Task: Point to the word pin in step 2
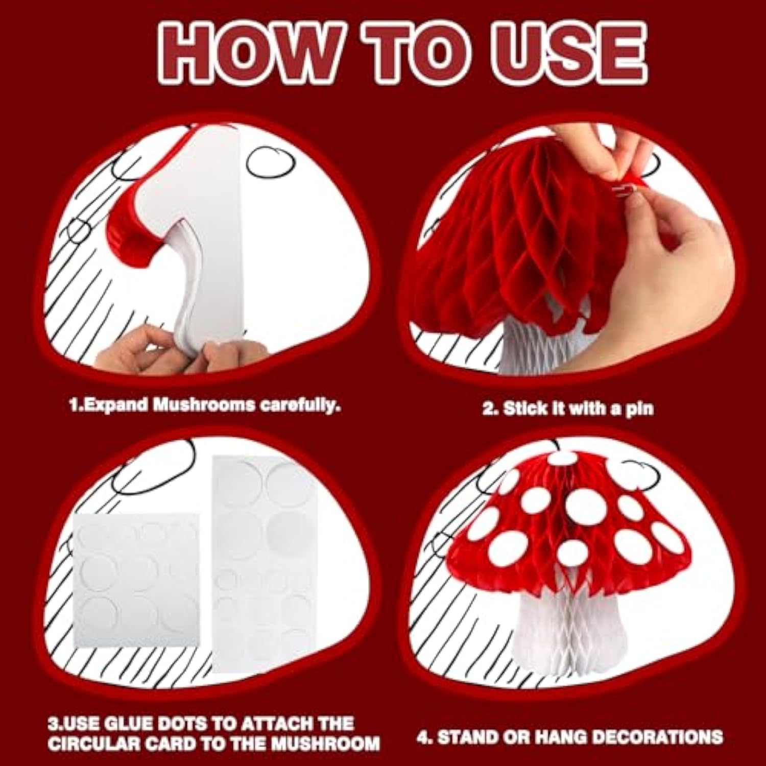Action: (x=640, y=409)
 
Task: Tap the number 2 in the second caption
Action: (x=489, y=409)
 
